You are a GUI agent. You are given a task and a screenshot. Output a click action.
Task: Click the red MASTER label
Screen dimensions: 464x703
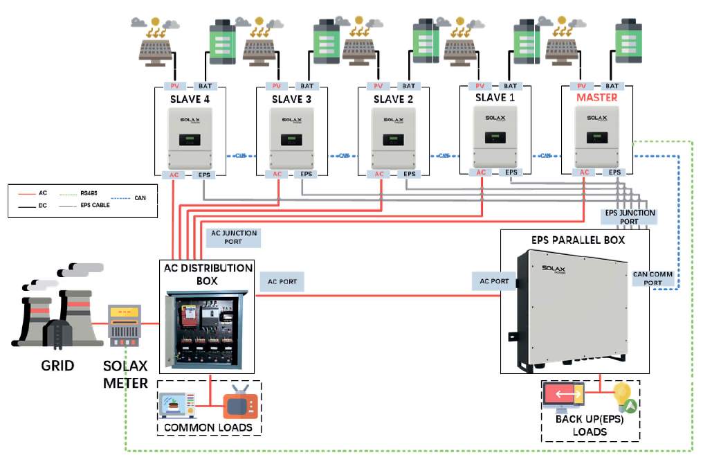(596, 98)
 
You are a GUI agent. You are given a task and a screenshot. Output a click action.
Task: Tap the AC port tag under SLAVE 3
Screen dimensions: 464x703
(277, 175)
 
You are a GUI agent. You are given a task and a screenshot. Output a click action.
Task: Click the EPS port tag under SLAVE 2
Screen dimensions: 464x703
(410, 175)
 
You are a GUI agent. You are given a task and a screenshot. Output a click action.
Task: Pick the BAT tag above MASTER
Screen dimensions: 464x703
(614, 86)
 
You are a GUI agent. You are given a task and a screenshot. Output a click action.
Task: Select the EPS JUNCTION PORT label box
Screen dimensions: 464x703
(630, 217)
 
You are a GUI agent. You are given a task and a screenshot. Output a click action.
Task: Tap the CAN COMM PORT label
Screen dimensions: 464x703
(652, 278)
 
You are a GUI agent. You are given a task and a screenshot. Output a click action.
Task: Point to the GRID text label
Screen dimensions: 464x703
(57, 364)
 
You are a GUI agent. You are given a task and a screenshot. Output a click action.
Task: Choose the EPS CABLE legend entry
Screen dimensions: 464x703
(95, 205)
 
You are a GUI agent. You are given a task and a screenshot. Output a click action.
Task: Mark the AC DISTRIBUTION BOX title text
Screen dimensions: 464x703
(208, 274)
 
